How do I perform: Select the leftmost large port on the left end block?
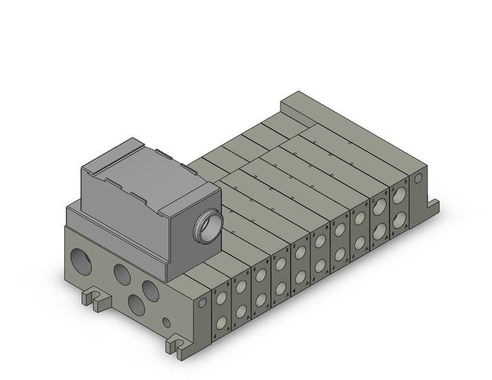[x=83, y=256]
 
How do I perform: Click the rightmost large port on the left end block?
[x=150, y=289]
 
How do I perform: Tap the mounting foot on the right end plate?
[x=432, y=207]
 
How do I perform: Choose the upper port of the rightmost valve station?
[x=399, y=194]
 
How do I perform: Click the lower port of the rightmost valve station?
[x=399, y=218]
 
